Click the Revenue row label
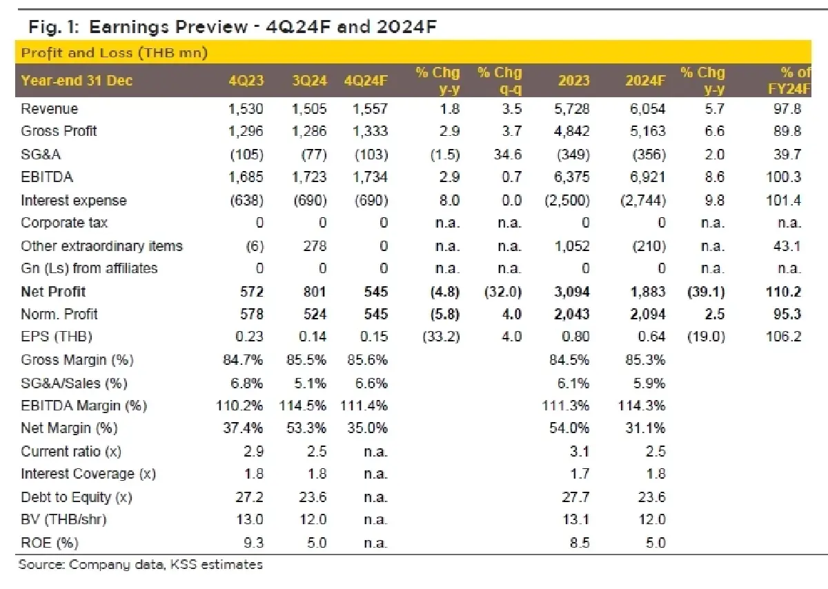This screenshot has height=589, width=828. [50, 109]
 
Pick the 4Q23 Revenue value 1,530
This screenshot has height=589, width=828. [246, 109]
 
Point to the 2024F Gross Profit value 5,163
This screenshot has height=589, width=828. [646, 131]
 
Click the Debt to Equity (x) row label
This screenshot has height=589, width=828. [77, 497]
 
